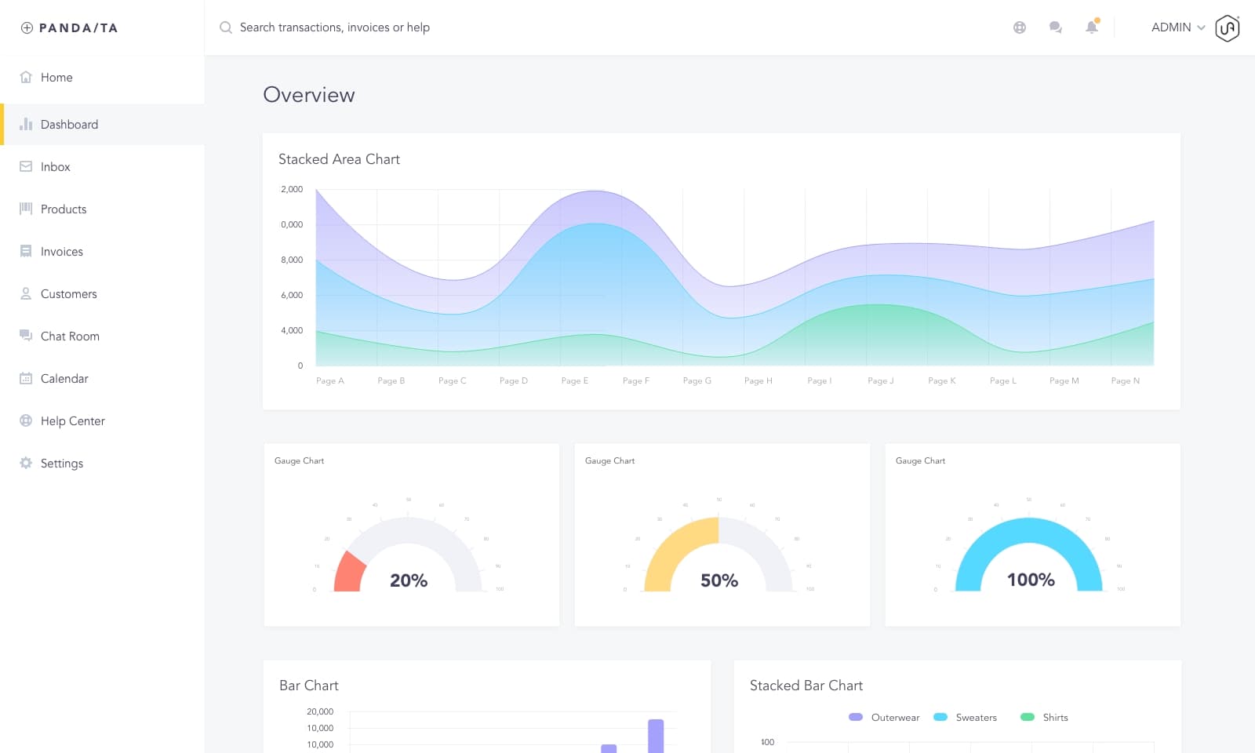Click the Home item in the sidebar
pyautogui.click(x=56, y=78)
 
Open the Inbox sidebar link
pyautogui.click(x=55, y=167)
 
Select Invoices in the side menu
pyautogui.click(x=61, y=252)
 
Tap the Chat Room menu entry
pyautogui.click(x=70, y=336)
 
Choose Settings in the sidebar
pyautogui.click(x=61, y=464)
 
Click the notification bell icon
pyautogui.click(x=1091, y=27)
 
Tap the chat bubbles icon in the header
pyautogui.click(x=1055, y=27)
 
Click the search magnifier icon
pyautogui.click(x=226, y=27)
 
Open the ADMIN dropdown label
pyautogui.click(x=1171, y=27)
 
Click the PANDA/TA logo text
pyautogui.click(x=78, y=28)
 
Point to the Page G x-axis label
pyautogui.click(x=697, y=381)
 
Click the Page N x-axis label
pyautogui.click(x=1125, y=381)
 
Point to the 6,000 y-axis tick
pyautogui.click(x=292, y=295)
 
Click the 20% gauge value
pyautogui.click(x=409, y=580)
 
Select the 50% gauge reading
pyautogui.click(x=719, y=580)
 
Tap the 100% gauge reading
pyautogui.click(x=1031, y=580)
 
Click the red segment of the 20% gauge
pyautogui.click(x=350, y=573)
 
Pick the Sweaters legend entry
pyautogui.click(x=976, y=718)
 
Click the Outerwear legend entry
pyautogui.click(x=895, y=718)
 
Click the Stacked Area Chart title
pyautogui.click(x=339, y=159)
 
